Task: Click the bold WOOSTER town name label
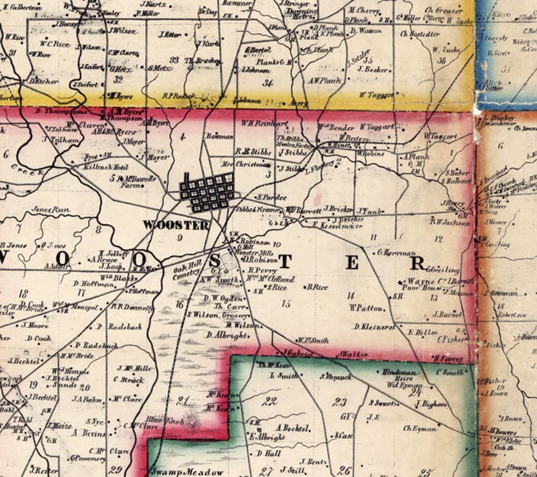point(176,225)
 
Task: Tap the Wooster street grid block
point(208,191)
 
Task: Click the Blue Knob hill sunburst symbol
point(193,424)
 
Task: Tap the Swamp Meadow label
point(177,472)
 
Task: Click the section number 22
point(271,401)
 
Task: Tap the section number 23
point(340,402)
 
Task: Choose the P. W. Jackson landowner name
point(448,220)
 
